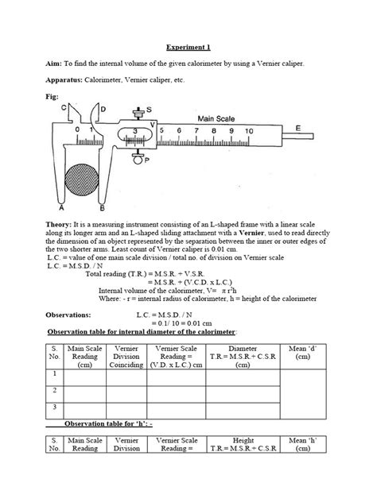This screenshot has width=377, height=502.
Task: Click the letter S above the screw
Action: coord(149,110)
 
